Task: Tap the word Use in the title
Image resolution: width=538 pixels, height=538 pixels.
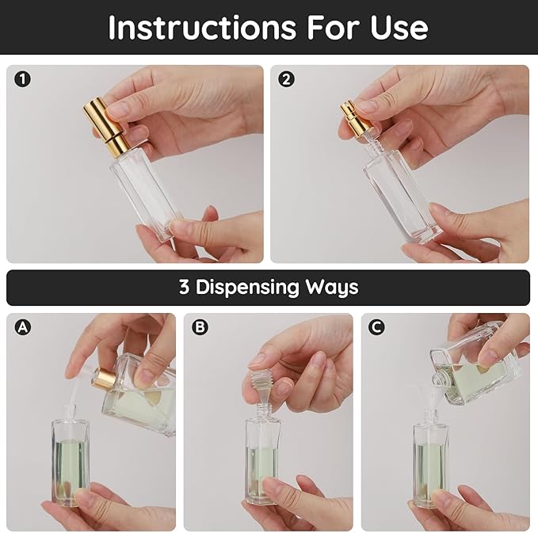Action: (x=399, y=28)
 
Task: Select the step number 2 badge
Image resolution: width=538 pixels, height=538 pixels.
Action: (x=286, y=79)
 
